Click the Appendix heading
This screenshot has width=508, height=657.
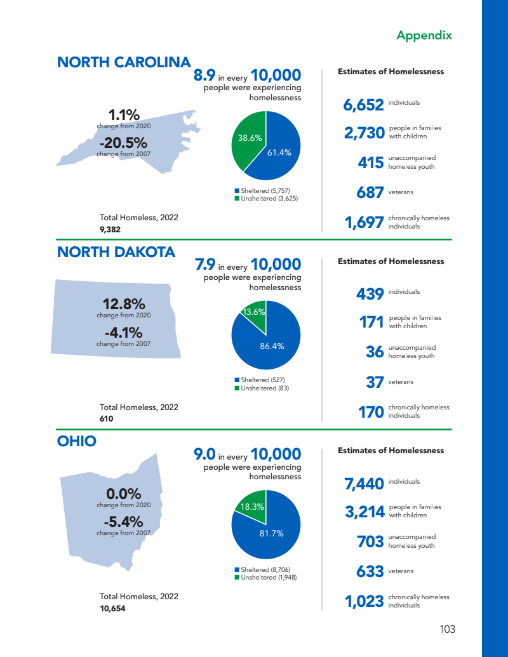click(424, 36)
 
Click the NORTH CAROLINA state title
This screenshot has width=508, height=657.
click(124, 62)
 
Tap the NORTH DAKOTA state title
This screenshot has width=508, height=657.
click(116, 252)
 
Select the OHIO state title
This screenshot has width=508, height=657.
click(77, 441)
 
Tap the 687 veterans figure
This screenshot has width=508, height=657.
click(370, 192)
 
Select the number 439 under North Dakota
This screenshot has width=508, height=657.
click(370, 294)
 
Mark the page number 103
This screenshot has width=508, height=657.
click(447, 629)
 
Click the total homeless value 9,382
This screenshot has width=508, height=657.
click(110, 229)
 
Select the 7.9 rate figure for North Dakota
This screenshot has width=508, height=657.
click(205, 264)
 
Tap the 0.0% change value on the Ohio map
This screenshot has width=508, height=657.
click(123, 494)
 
